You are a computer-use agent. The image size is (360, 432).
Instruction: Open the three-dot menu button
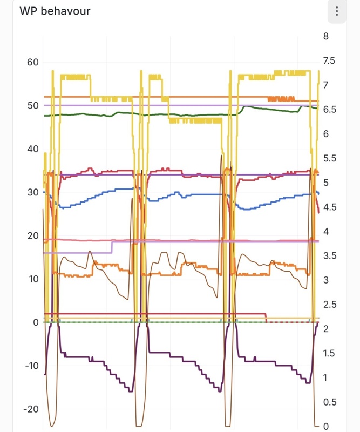pyautogui.click(x=336, y=11)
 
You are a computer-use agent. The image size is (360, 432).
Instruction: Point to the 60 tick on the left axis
pyautogui.click(x=32, y=62)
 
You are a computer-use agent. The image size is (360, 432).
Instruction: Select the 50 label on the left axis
pyautogui.click(x=32, y=105)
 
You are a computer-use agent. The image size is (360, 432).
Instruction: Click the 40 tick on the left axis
pyautogui.click(x=32, y=149)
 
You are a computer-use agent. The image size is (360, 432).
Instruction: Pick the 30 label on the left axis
pyautogui.click(x=32, y=192)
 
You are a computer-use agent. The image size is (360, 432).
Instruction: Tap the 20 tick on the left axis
pyautogui.click(x=32, y=235)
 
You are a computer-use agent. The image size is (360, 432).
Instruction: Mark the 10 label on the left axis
pyautogui.click(x=32, y=279)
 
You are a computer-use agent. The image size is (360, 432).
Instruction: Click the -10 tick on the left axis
pyautogui.click(x=31, y=366)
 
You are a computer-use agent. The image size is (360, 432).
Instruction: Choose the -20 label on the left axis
pyautogui.click(x=31, y=409)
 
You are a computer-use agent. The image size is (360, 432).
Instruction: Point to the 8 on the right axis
pyautogui.click(x=325, y=36)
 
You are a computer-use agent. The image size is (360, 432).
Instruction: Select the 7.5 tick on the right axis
pyautogui.click(x=329, y=60)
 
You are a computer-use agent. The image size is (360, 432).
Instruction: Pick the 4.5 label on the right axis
pyautogui.click(x=329, y=207)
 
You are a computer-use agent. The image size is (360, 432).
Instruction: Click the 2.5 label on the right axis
pyautogui.click(x=329, y=305)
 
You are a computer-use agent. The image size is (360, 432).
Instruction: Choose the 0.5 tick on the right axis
pyautogui.click(x=329, y=402)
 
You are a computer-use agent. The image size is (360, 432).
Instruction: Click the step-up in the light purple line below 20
pyautogui.click(x=112, y=247)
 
